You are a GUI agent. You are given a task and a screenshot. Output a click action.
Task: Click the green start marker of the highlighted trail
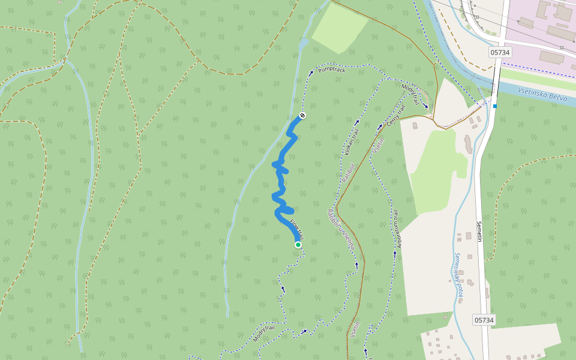(x=298, y=245)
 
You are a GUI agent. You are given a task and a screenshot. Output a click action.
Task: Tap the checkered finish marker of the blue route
(x=302, y=115)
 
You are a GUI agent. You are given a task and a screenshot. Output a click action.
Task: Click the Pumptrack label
(x=332, y=71)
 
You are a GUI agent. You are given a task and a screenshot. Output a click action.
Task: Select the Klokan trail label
(x=352, y=141)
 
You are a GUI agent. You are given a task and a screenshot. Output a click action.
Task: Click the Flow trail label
(x=297, y=230)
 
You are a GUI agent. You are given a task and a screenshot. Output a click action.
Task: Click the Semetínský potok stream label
(x=459, y=277)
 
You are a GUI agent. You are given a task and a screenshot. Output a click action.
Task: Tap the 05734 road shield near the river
(x=500, y=52)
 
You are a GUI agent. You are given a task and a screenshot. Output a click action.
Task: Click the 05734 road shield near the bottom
(x=484, y=320)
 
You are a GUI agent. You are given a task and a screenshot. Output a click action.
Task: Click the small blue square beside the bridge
(x=495, y=106)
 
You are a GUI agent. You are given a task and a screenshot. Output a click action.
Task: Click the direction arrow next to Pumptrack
(x=311, y=72)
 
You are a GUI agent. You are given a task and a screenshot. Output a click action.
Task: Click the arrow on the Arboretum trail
(x=395, y=253)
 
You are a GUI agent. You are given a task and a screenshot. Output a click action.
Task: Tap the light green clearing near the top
(x=339, y=28)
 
